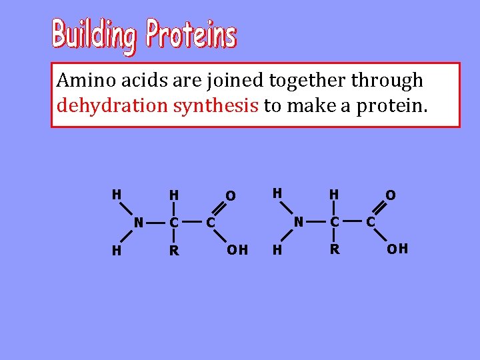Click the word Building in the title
click(x=95, y=35)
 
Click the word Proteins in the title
click(x=191, y=35)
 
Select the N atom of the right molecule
click(x=299, y=221)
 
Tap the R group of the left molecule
click(x=174, y=251)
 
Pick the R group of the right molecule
click(x=335, y=250)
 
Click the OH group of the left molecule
click(x=237, y=250)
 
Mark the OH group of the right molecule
click(x=398, y=249)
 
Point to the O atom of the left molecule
click(x=230, y=195)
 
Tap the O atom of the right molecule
click(x=391, y=195)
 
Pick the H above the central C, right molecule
click(x=335, y=195)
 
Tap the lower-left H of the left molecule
click(x=116, y=250)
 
